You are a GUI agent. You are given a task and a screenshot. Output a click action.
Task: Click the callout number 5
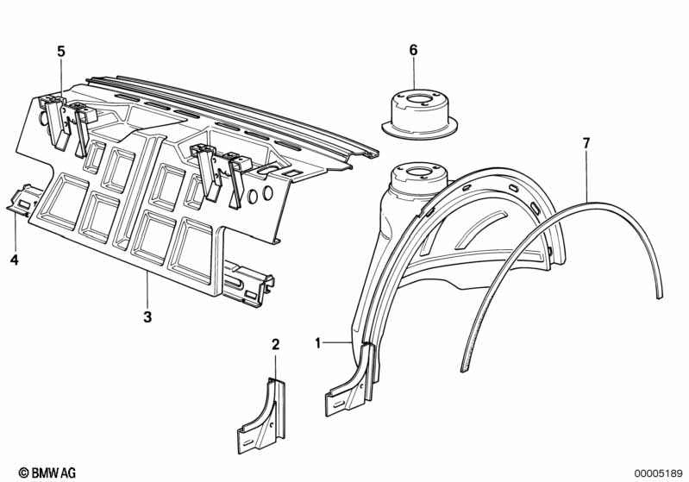[x=61, y=52]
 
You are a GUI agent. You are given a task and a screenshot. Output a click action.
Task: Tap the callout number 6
[x=414, y=50]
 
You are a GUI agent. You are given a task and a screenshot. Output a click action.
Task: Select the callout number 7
[x=586, y=143]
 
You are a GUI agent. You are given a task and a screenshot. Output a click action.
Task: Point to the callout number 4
[x=15, y=260]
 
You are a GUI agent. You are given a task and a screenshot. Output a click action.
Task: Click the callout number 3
[x=147, y=316]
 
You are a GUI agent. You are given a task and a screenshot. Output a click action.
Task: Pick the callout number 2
[x=275, y=345]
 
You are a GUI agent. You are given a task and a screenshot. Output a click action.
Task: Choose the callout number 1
[x=317, y=342]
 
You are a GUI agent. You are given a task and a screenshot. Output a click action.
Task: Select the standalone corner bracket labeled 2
[x=261, y=416]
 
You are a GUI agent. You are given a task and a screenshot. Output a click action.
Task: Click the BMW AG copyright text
[x=47, y=473]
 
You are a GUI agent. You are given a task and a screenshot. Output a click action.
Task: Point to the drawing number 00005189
[x=658, y=473]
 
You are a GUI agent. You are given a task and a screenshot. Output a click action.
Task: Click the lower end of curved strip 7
[x=463, y=369]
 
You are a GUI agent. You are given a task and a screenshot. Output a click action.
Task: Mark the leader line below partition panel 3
[x=147, y=289]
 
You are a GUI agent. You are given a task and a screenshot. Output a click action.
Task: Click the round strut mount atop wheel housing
[x=418, y=179]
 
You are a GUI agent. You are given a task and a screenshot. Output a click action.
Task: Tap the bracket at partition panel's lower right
[x=247, y=284]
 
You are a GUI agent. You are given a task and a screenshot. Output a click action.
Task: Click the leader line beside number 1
[x=337, y=341]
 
